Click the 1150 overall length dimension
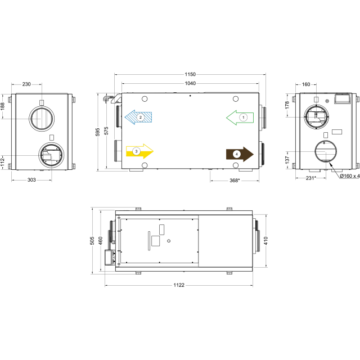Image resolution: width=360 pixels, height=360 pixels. tap(190, 74)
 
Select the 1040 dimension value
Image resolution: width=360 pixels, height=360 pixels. tap(190, 83)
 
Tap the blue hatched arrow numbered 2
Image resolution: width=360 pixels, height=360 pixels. tap(138, 118)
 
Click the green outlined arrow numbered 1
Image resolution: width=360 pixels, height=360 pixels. tap(240, 118)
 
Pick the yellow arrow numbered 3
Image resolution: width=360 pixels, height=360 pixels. tap(139, 151)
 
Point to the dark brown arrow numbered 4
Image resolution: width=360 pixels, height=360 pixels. tap(240, 154)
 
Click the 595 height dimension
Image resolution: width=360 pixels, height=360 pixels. tap(97, 132)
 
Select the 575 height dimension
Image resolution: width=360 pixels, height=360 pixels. tap(106, 130)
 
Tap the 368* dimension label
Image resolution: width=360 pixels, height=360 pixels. tap(235, 181)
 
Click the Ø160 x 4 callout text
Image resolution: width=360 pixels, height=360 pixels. tap(350, 176)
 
